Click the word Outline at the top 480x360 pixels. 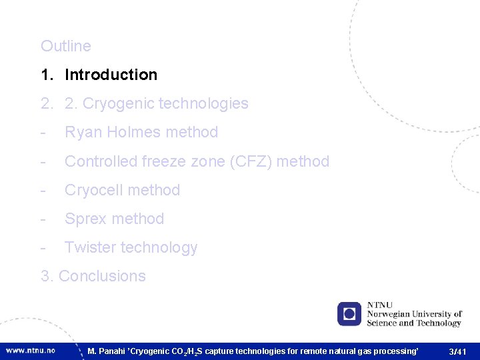[x=65, y=46]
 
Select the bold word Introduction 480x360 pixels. [x=111, y=75]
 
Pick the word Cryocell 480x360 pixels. [x=93, y=190]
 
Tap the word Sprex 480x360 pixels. [x=83, y=219]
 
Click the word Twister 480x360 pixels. [x=90, y=247]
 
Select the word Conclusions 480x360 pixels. [x=102, y=276]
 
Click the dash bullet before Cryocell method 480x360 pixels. [x=43, y=190]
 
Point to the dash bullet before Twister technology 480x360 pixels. [x=43, y=247]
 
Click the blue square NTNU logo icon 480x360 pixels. [x=349, y=313]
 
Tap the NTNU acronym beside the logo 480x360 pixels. [x=380, y=305]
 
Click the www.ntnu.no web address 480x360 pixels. [x=31, y=350]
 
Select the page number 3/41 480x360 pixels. [x=458, y=351]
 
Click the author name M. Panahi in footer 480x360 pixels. [x=107, y=351]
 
